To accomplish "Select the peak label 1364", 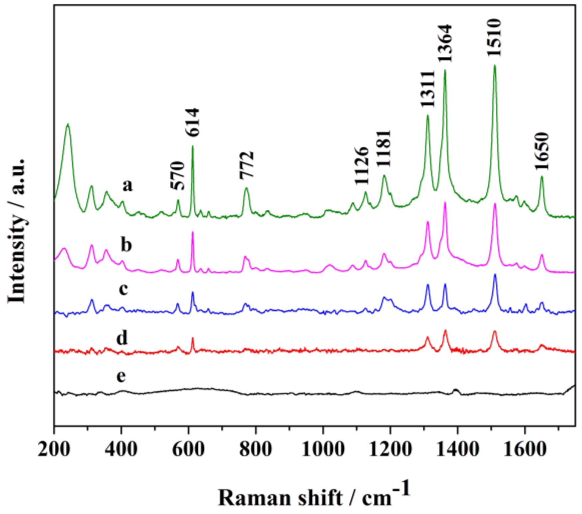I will (x=445, y=43).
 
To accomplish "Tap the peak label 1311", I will (x=428, y=89).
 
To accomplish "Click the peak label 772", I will (x=247, y=165).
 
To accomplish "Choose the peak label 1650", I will (x=541, y=151).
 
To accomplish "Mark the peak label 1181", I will (x=384, y=148).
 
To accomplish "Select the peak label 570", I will (x=178, y=176).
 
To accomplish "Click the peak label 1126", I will (x=362, y=166).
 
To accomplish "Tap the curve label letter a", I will (x=127, y=185).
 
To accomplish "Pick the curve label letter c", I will (x=123, y=289).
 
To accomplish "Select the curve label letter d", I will (x=122, y=338).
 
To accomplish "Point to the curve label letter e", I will (x=121, y=376).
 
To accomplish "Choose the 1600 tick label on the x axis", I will (x=525, y=449).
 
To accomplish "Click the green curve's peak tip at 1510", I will (x=495, y=65).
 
